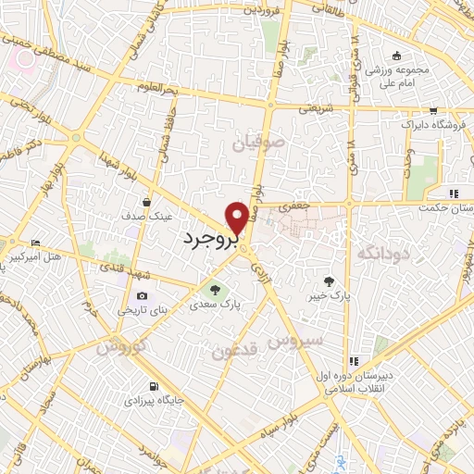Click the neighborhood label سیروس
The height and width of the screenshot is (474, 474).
295,341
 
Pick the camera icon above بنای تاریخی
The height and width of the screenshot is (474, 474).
141,296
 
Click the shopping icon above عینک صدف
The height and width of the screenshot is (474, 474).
146,200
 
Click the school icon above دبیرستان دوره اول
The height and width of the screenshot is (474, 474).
353,361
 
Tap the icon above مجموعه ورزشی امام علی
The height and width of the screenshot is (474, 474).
396,56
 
